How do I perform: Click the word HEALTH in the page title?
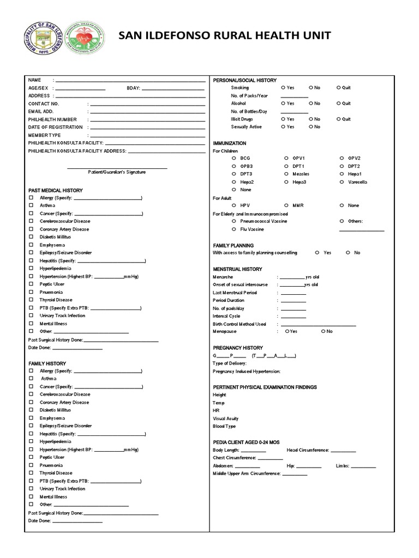(x=261, y=37)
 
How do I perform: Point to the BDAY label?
(x=134, y=88)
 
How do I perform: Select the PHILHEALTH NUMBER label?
(x=52, y=119)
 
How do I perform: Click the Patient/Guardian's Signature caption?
(x=117, y=172)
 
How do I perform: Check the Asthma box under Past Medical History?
(x=32, y=206)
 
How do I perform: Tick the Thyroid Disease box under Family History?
(x=32, y=474)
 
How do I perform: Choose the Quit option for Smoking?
(x=339, y=88)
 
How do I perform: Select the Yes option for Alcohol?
(x=283, y=104)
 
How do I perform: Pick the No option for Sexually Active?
(x=310, y=127)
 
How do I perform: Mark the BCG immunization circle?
(x=233, y=158)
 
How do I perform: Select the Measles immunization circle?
(x=286, y=174)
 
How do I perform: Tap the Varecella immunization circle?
(x=342, y=182)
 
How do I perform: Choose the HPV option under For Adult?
(x=233, y=205)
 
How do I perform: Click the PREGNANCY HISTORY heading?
(x=238, y=348)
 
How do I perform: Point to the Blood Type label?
(x=224, y=427)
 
